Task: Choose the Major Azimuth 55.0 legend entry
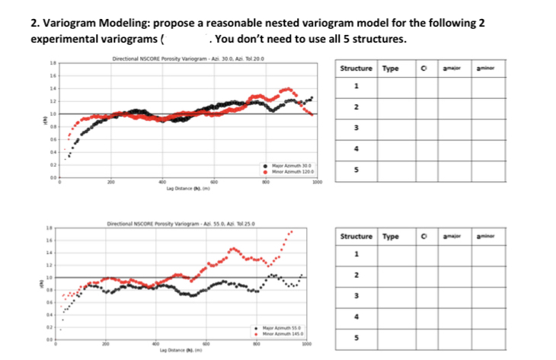(x=282, y=325)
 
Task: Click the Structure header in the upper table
(x=357, y=69)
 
